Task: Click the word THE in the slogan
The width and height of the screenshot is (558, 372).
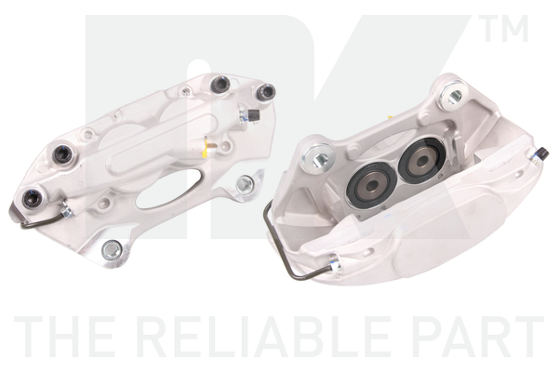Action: [x=64, y=337]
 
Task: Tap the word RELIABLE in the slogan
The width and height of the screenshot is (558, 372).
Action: [x=265, y=337]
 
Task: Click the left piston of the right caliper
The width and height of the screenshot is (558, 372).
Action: [x=371, y=185]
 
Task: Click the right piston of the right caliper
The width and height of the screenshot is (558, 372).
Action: [x=422, y=161]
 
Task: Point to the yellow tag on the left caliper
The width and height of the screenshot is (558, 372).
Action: [x=205, y=149]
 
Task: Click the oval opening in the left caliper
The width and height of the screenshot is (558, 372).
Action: [x=166, y=189]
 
